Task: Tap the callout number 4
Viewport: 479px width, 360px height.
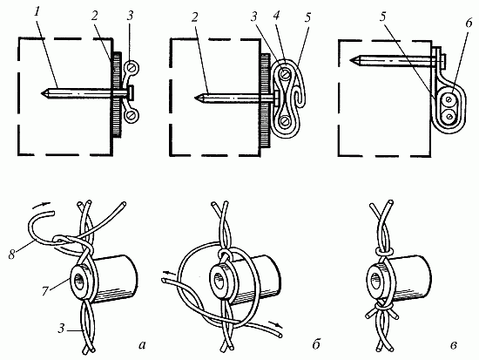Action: point(276,17)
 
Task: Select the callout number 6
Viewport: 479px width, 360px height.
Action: point(469,24)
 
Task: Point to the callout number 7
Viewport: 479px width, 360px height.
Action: point(45,291)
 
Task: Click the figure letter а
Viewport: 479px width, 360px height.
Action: point(142,345)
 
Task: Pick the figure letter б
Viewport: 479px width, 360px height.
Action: point(316,344)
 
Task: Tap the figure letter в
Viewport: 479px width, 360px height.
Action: point(454,346)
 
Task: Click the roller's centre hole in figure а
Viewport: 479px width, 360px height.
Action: point(80,281)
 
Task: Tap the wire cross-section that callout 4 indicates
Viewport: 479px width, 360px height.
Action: point(285,74)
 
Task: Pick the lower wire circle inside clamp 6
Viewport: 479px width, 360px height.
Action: point(449,116)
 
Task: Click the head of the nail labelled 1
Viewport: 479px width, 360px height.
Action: point(130,92)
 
